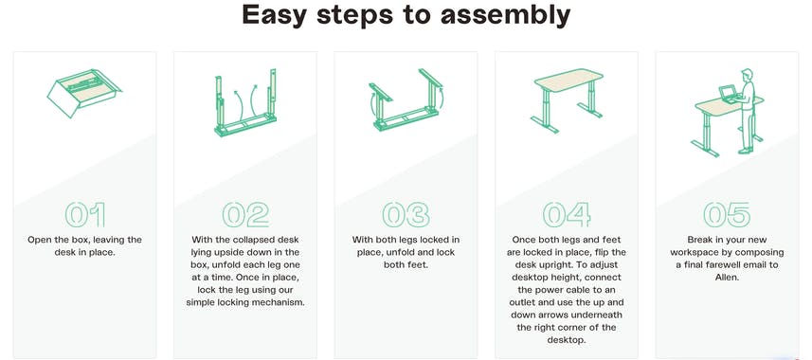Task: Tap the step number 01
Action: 85,214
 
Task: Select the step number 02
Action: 245,214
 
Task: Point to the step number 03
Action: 406,214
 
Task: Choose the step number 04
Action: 567,214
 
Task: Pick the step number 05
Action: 727,214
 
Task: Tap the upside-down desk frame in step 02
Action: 244,104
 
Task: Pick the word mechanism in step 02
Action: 280,302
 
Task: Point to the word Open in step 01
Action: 42,241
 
